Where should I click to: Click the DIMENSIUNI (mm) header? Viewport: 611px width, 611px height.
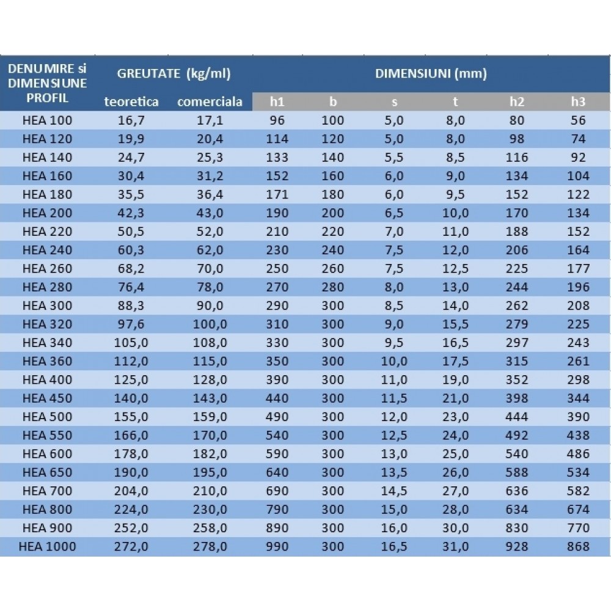pos(431,74)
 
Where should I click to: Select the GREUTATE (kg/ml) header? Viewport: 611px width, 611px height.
pos(174,74)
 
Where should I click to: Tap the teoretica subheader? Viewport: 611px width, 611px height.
pos(131,101)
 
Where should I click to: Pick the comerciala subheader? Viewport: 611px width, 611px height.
pos(210,101)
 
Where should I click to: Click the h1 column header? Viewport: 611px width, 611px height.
pos(277,101)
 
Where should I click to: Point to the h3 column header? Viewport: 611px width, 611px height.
pos(578,101)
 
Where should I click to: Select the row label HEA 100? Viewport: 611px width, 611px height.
pos(47,120)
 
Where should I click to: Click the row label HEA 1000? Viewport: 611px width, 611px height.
pos(47,547)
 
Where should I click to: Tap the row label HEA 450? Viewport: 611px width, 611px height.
pos(47,398)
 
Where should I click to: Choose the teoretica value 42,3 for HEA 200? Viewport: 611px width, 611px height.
pos(131,213)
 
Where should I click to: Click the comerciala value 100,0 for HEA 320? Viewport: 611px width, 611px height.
pos(210,324)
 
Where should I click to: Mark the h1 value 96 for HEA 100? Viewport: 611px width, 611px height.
pos(277,120)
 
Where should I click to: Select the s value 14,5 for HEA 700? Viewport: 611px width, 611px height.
pos(394,491)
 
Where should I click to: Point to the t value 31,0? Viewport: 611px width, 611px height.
pos(456,547)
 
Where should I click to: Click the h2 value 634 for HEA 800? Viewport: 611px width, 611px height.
pos(517,510)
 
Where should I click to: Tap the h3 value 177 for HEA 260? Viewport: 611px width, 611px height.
pos(578,269)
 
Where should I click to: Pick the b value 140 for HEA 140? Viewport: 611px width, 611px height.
pos(333,158)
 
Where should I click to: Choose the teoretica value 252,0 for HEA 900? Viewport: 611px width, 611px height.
pos(131,528)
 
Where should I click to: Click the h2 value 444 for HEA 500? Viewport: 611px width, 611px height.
pos(517,417)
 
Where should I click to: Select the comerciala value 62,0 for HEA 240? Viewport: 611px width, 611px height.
pos(210,250)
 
